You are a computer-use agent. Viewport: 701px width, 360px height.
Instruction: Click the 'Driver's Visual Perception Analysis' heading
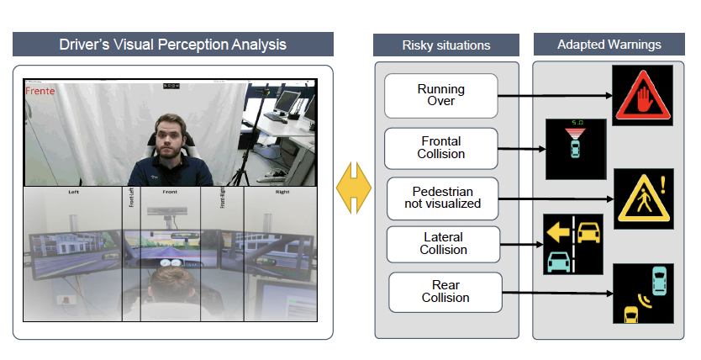173,45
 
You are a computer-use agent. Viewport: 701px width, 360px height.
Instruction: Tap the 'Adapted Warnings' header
609,44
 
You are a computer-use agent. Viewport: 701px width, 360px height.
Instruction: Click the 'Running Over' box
440,95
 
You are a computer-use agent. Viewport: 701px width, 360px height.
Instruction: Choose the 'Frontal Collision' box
440,148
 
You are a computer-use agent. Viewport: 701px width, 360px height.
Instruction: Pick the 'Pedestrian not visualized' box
442,198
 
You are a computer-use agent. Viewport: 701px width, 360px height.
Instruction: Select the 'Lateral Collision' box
442,244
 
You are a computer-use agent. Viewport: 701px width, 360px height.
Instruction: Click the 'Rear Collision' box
445,292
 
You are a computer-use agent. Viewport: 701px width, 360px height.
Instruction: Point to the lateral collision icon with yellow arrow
572,245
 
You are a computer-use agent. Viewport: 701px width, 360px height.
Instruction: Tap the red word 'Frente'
40,89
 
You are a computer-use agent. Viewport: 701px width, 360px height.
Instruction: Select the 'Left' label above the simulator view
73,192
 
